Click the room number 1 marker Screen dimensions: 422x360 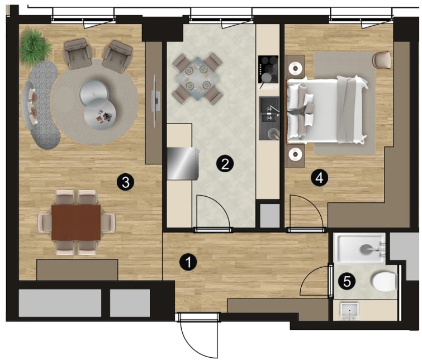[188, 262]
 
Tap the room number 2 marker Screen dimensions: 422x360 [225, 163]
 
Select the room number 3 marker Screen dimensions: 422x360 [125, 183]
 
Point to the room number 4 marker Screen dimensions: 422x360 [319, 178]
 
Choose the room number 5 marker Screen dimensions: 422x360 [347, 282]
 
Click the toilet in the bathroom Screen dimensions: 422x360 [385, 282]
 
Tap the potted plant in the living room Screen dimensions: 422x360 [36, 46]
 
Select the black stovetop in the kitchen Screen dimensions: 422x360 [268, 69]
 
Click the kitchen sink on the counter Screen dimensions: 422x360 [269, 119]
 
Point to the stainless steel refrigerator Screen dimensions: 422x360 [183, 163]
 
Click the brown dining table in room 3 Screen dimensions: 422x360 [76, 222]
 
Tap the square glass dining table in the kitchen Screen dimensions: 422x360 [197, 78]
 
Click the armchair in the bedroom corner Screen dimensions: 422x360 [381, 60]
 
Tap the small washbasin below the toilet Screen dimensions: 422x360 [349, 311]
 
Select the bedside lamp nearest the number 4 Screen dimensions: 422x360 [295, 154]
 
